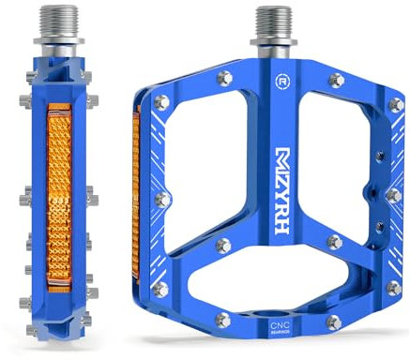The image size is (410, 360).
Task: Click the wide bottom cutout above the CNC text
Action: click(x=277, y=271)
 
